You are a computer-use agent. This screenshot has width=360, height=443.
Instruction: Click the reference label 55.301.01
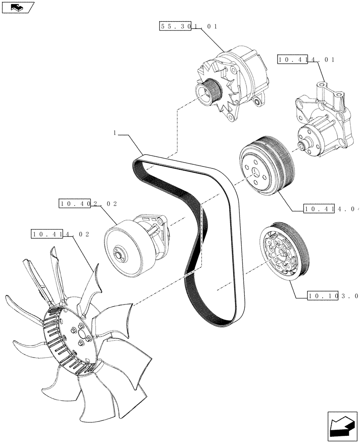(x=188, y=27)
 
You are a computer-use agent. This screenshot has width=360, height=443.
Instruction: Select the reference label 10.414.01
(x=305, y=59)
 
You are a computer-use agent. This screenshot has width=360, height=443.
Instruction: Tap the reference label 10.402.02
(x=88, y=204)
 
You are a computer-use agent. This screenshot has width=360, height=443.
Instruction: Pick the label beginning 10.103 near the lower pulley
(x=332, y=295)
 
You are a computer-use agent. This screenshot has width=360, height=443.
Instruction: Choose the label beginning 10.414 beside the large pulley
(x=330, y=208)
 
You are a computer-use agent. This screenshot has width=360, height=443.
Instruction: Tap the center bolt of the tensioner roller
(x=120, y=255)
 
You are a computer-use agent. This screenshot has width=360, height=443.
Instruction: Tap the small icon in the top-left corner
(x=17, y=8)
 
